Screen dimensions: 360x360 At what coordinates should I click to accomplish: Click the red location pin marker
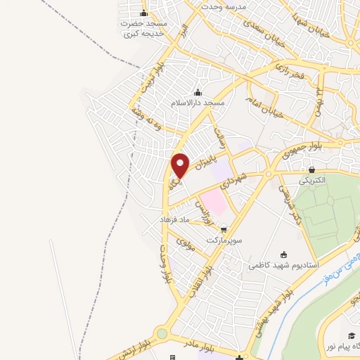click(x=181, y=165)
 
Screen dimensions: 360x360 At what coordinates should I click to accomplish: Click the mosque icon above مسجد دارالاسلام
click(x=198, y=92)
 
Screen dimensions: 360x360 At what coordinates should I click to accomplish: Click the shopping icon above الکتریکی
click(x=311, y=169)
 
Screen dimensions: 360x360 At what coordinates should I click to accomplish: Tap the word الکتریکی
click(x=312, y=180)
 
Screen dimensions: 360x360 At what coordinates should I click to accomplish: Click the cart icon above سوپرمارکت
click(x=224, y=229)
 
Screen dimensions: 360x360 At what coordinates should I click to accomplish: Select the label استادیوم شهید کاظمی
click(x=283, y=266)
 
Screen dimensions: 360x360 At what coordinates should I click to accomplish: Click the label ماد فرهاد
click(x=174, y=220)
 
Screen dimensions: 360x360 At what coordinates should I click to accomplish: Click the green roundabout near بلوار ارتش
click(x=162, y=333)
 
